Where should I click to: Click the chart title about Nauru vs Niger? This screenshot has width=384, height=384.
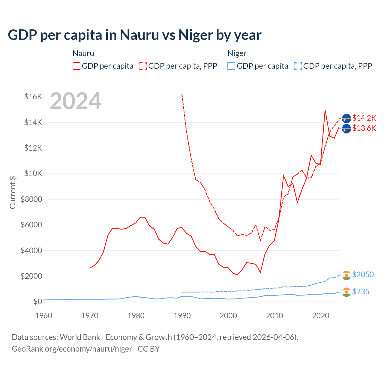pyautogui.click(x=135, y=35)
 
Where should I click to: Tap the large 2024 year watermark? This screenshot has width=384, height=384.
pyautogui.click(x=76, y=101)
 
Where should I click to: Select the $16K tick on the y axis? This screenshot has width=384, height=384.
pyautogui.click(x=33, y=97)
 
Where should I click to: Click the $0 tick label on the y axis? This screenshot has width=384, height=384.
pyautogui.click(x=38, y=301)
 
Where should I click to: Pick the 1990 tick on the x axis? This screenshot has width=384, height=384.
pyautogui.click(x=182, y=316)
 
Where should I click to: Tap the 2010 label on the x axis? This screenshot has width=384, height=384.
pyautogui.click(x=274, y=316)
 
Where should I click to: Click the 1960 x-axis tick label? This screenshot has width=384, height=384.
pyautogui.click(x=44, y=316)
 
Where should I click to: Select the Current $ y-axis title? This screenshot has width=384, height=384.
pyautogui.click(x=13, y=192)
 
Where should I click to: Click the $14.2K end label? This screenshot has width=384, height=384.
pyautogui.click(x=364, y=118)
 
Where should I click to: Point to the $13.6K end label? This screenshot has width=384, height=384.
pyautogui.click(x=364, y=128)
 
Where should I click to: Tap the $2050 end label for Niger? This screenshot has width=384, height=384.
pyautogui.click(x=363, y=274)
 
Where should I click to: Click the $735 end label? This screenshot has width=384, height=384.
pyautogui.click(x=361, y=292)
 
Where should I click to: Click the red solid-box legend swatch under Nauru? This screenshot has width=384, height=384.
pyautogui.click(x=76, y=66)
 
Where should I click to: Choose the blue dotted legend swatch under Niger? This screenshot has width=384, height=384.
pyautogui.click(x=298, y=66)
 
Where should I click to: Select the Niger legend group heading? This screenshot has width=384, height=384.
pyautogui.click(x=237, y=53)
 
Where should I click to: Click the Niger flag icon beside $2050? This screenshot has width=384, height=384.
pyautogui.click(x=346, y=275)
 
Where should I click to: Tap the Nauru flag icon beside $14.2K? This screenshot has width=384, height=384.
pyautogui.click(x=346, y=118)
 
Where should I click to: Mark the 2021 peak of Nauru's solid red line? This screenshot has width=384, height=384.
pyautogui.click(x=325, y=110)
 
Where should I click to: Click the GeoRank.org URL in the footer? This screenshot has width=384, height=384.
pyautogui.click(x=72, y=349)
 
